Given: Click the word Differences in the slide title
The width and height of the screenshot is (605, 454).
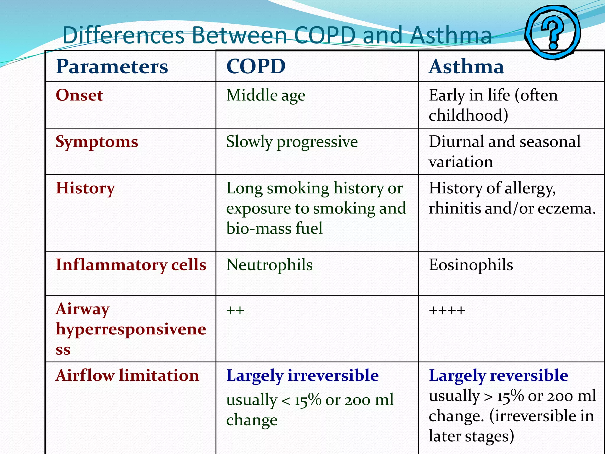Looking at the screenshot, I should [123, 35].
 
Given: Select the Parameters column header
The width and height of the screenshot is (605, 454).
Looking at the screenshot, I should [112, 67].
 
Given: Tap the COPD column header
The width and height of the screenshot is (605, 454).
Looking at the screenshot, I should [256, 67].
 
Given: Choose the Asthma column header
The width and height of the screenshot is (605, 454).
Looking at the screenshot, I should [466, 67].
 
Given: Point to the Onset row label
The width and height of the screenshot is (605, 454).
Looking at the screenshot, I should [79, 95].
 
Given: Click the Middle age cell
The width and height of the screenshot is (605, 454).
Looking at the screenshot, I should [266, 95].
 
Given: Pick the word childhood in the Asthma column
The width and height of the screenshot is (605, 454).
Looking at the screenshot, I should [468, 115].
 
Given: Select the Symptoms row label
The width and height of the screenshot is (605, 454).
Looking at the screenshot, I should [97, 142].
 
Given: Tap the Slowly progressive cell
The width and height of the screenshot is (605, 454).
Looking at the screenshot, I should [292, 142].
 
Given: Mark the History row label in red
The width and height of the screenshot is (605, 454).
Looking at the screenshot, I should [85, 188].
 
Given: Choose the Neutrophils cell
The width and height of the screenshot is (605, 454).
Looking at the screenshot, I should [269, 265].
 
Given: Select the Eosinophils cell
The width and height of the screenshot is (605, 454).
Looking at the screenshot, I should [471, 265].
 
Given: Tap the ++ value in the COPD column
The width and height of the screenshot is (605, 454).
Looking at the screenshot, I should [235, 310].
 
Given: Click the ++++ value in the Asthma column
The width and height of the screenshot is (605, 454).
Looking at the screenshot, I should [447, 310].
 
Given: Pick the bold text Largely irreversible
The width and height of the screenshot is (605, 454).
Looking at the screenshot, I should [302, 376].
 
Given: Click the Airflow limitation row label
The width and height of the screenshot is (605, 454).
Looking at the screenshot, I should [127, 376].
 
